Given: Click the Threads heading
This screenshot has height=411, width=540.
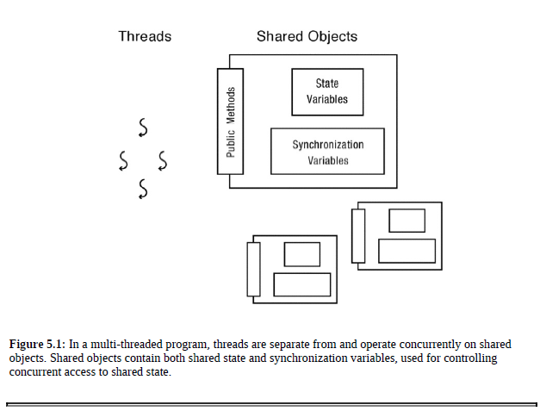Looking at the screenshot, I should point(145,36).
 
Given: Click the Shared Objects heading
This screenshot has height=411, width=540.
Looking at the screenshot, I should point(307,36).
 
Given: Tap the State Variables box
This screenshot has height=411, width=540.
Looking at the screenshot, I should point(327,91).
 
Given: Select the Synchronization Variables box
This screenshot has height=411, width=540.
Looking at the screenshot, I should point(327,152).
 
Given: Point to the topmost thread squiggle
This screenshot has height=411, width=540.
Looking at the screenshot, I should point(143,128).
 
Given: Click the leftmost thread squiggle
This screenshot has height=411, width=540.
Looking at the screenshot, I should point(124,159).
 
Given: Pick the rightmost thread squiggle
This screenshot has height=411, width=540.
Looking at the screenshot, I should point(162,159).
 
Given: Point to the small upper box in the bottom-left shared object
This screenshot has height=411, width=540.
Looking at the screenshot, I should point(301,254).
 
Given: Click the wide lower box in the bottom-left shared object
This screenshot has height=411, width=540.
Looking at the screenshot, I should point(301,283).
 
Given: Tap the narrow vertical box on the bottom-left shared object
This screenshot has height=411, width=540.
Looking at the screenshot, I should point(253,270).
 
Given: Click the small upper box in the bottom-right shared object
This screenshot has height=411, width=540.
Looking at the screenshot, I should point(407,221).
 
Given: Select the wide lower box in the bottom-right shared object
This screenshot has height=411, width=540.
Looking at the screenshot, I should point(407,251).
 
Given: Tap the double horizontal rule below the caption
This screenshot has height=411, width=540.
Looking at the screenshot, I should point(270,402).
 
